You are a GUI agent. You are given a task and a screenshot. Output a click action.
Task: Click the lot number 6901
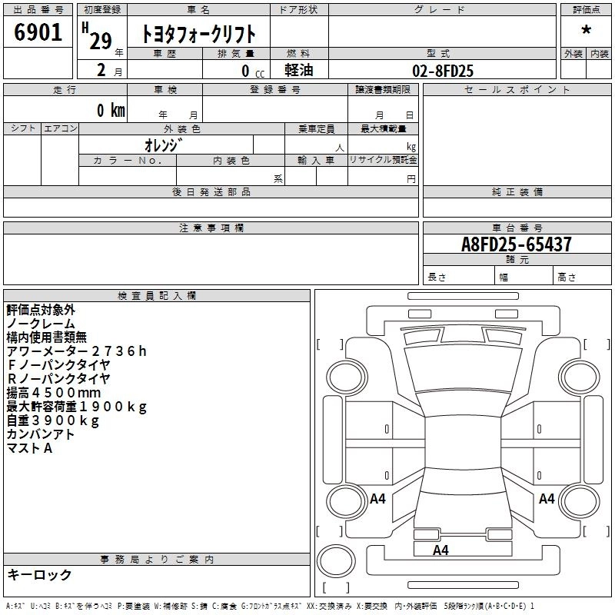tap(38, 32)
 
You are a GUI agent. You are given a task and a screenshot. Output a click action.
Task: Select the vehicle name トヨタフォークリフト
tap(198, 34)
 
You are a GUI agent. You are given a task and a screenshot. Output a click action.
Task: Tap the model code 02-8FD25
tap(443, 71)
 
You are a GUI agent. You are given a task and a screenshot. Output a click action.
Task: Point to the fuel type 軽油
tap(299, 70)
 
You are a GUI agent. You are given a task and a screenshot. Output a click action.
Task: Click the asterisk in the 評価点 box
tap(586, 30)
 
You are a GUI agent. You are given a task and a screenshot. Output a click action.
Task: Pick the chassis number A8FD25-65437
tap(516, 244)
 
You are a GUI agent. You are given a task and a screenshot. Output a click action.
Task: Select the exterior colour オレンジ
tap(164, 145)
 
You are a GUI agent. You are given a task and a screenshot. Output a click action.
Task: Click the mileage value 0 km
tap(111, 110)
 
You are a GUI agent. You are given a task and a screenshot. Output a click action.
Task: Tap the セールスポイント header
tap(517, 90)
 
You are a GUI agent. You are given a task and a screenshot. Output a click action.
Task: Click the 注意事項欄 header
tap(211, 228)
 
